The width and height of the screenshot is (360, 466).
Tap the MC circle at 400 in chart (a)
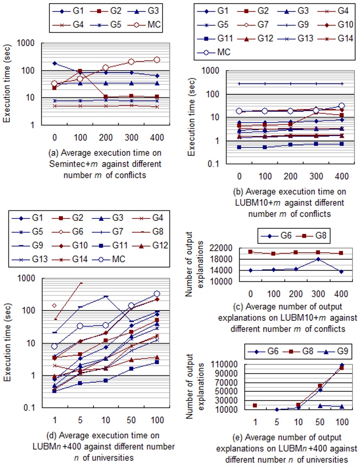tap(156, 60)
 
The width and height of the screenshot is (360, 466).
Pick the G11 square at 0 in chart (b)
tap(240, 147)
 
